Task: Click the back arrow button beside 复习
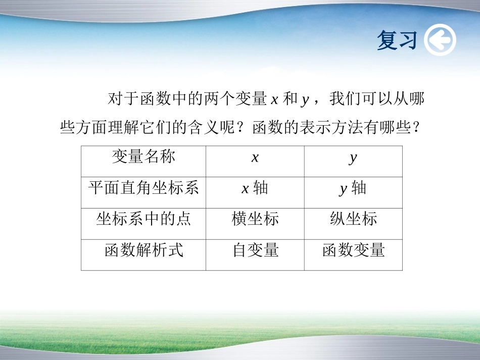440,40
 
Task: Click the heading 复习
397,40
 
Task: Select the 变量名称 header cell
143,157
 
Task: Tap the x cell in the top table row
255,158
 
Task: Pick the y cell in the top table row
353,158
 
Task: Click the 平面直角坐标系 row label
143,188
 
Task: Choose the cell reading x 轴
255,189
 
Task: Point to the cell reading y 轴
353,189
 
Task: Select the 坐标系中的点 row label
143,220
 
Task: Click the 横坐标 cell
255,220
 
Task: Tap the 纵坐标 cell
353,220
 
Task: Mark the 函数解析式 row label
143,250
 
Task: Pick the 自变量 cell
255,250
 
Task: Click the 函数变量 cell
353,250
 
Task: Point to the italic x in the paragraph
274,100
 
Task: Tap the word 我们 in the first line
345,99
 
